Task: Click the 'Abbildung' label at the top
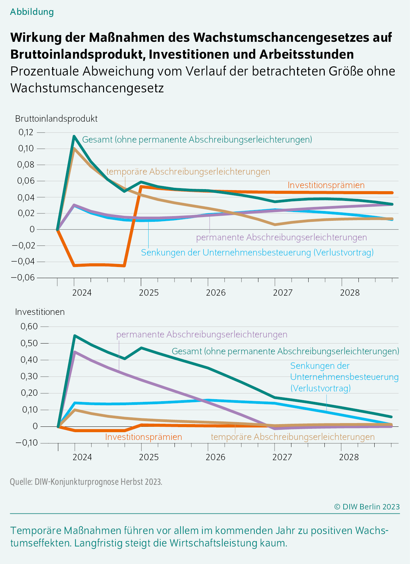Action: click(x=32, y=12)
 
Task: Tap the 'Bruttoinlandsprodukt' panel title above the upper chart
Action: click(x=56, y=119)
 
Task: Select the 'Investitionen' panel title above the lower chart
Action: click(x=40, y=312)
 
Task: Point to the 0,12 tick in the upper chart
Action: click(x=26, y=132)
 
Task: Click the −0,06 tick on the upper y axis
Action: click(x=23, y=277)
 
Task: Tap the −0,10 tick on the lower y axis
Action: click(x=27, y=443)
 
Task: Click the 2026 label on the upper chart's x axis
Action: click(x=216, y=293)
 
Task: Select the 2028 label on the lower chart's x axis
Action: click(x=349, y=457)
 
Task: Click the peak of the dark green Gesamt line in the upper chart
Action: click(x=74, y=136)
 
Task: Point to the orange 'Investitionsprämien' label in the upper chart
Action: click(x=326, y=185)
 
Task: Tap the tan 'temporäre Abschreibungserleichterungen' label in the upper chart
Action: click(x=188, y=172)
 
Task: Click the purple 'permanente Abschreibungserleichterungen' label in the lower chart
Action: click(x=202, y=334)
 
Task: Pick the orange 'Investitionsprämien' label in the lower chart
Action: click(x=144, y=437)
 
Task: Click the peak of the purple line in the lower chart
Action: click(x=74, y=352)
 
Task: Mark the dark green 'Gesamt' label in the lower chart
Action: click(x=285, y=351)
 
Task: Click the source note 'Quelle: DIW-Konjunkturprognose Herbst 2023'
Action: click(x=86, y=482)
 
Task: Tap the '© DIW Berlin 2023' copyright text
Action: click(x=367, y=506)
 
